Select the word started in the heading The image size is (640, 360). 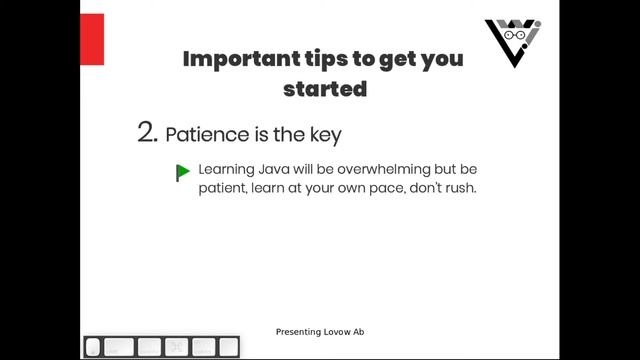(x=325, y=88)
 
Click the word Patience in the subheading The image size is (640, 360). (x=207, y=134)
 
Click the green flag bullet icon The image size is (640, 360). (x=183, y=172)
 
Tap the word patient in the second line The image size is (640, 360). (x=222, y=188)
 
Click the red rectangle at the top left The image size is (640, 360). (x=92, y=40)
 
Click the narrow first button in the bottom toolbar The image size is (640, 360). (x=93, y=347)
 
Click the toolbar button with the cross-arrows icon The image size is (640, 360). (x=176, y=347)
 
